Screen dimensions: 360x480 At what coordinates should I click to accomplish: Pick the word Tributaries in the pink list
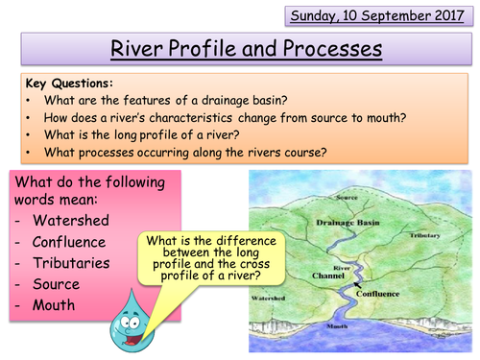pyautogui.click(x=76, y=263)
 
